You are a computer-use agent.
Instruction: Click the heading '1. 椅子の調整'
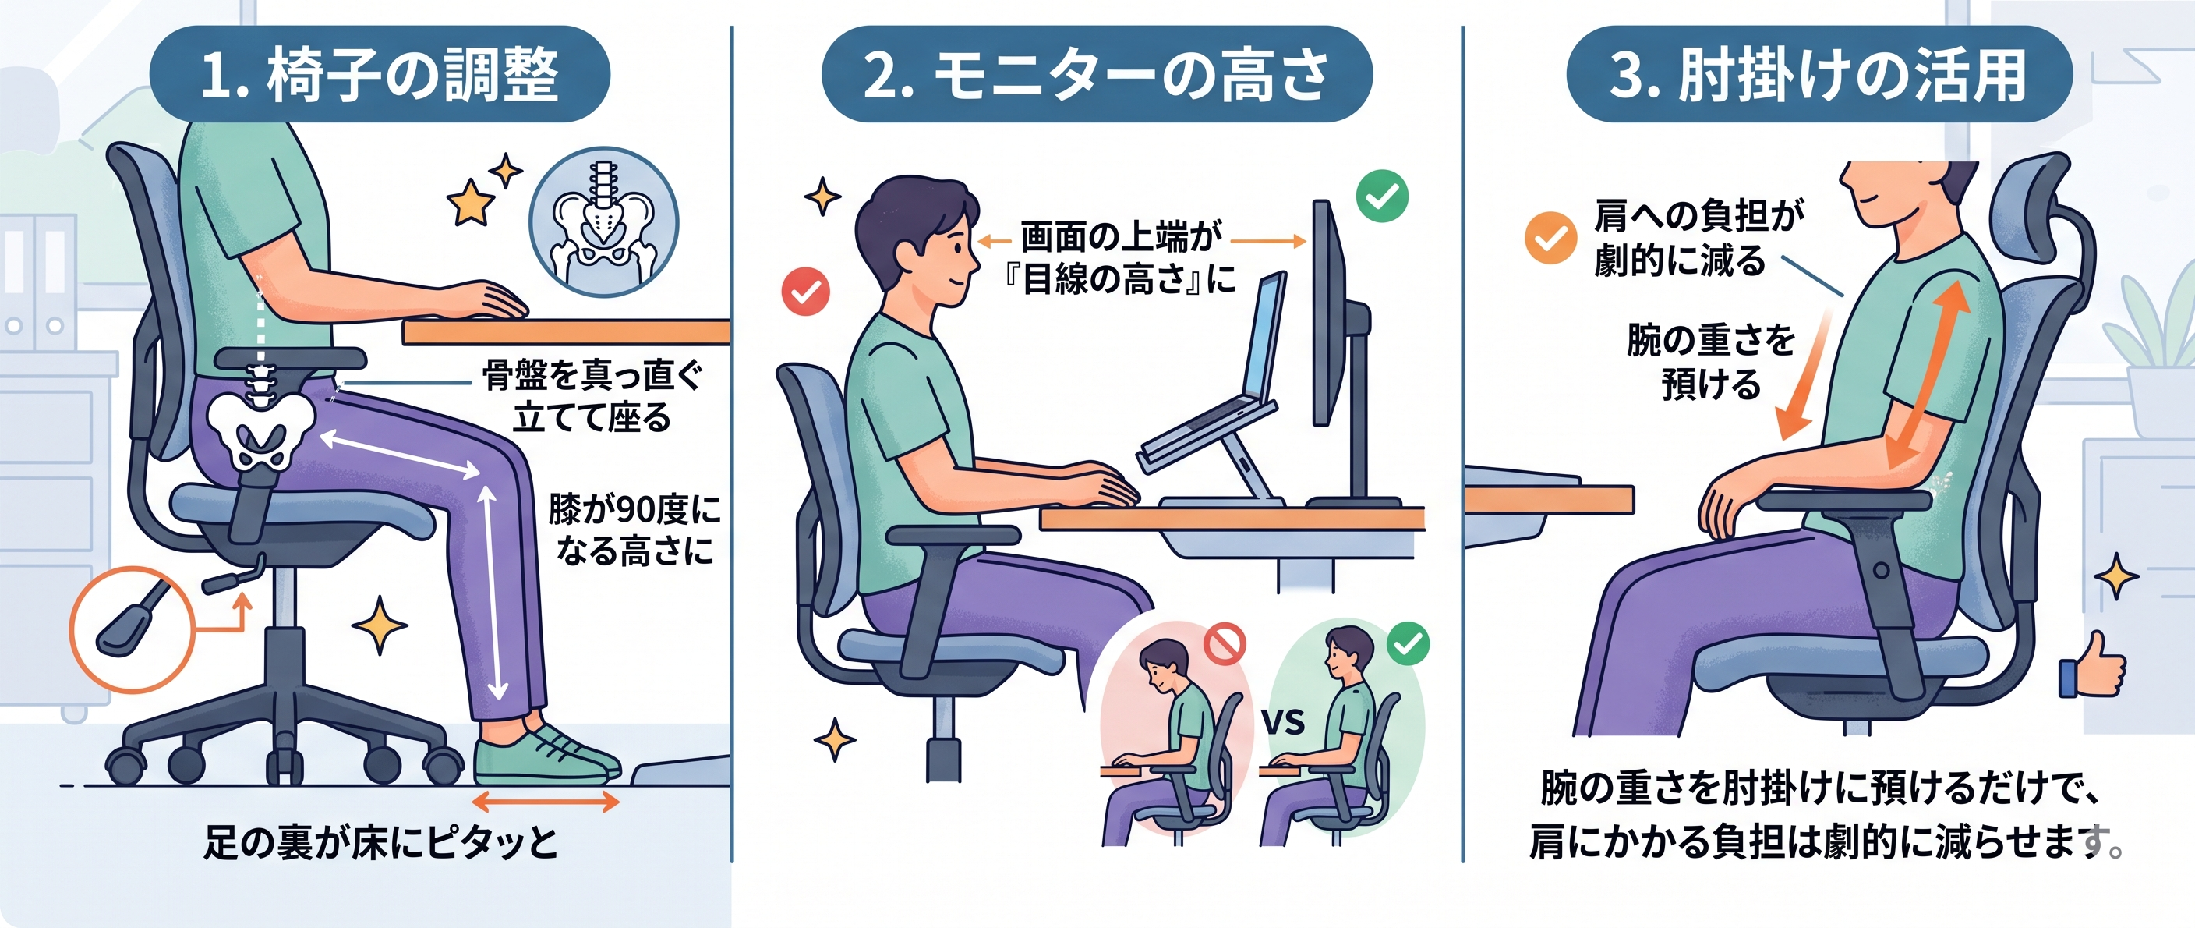[379, 74]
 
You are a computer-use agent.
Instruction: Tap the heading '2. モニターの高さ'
[1097, 74]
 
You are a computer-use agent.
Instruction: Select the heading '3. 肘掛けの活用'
[1819, 74]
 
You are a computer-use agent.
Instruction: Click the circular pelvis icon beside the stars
[603, 221]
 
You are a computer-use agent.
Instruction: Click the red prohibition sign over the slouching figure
[1225, 643]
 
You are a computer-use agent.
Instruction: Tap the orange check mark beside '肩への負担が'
[1550, 238]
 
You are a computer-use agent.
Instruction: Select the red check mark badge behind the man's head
[805, 292]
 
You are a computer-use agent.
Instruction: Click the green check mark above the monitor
[1382, 196]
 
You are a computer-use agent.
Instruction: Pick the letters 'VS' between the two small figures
[1283, 723]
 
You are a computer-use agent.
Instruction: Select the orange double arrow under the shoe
[546, 801]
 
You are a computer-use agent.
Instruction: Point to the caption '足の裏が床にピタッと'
[380, 842]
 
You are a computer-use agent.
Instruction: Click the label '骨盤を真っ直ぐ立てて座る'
[592, 396]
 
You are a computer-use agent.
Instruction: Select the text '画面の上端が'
[1122, 236]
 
